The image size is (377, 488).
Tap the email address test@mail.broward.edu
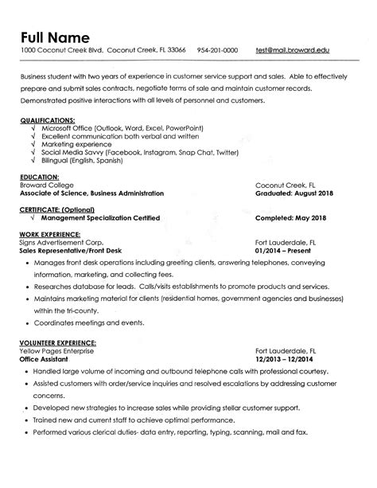coord(292,49)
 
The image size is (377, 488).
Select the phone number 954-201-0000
coord(217,49)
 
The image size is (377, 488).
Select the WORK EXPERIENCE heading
coord(49,233)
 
